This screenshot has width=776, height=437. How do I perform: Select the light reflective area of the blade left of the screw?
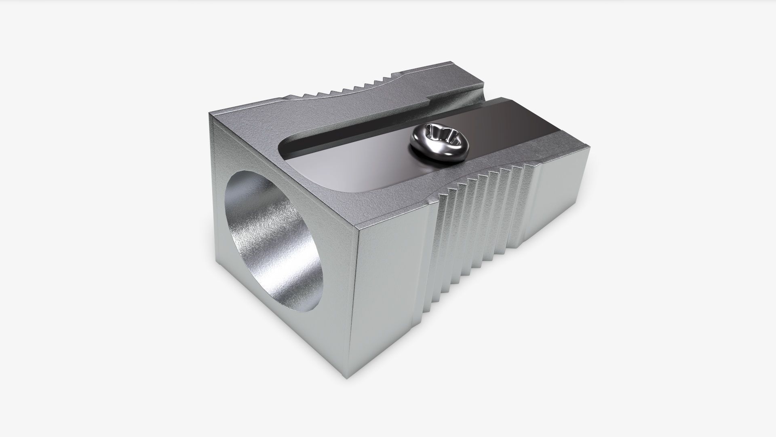[356, 162]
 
